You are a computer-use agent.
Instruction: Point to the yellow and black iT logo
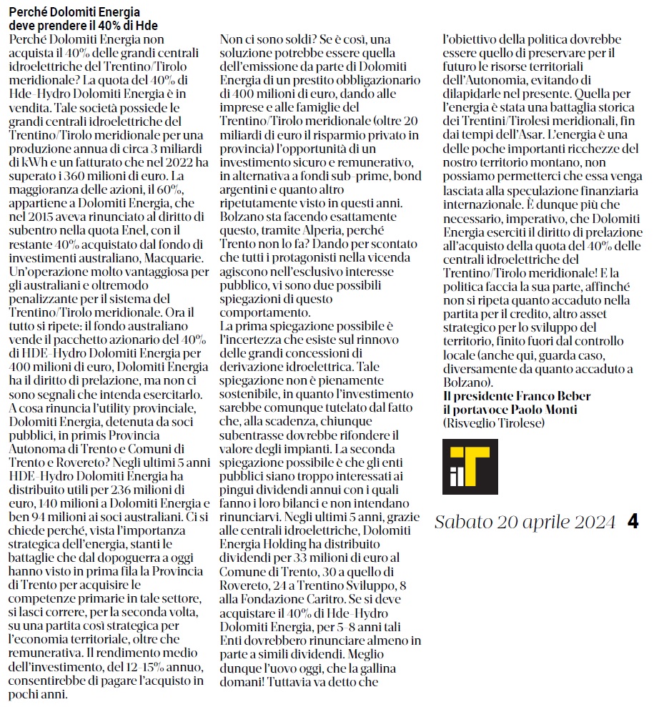click(470, 466)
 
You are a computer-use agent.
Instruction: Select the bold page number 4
click(633, 523)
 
